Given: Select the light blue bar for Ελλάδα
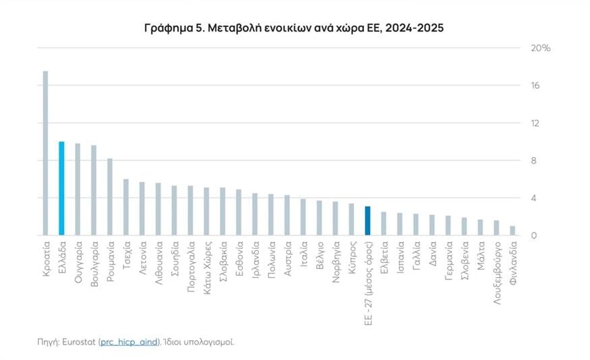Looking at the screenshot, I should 61,188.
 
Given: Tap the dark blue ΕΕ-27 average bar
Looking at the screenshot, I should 367,220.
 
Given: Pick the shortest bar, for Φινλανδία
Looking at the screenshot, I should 512,231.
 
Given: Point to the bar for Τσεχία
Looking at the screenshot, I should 126,207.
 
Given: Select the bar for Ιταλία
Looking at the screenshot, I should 303,217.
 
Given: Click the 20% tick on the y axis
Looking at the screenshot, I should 541,49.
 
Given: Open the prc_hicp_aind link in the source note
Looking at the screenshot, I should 129,342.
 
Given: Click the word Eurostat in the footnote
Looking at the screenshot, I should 80,342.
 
